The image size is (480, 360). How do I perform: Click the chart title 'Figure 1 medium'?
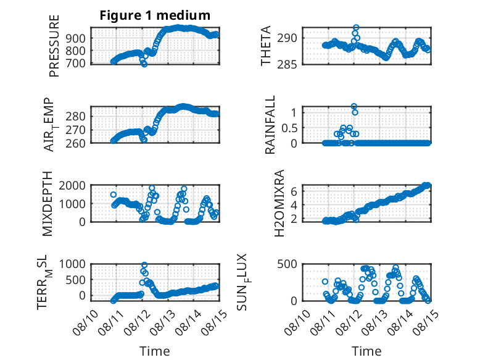tap(155, 15)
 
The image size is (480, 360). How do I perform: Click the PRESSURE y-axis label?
tap(54, 46)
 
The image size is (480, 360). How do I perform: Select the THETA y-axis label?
tap(266, 46)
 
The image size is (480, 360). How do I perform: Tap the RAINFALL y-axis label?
tap(270, 125)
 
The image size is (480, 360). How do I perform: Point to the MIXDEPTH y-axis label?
tap(48, 204)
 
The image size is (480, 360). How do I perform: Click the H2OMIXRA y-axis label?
tap(279, 203)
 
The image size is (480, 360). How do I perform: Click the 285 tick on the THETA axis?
tap(287, 65)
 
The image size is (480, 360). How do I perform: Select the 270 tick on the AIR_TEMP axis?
tap(75, 130)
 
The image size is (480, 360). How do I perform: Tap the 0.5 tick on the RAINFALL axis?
tap(289, 128)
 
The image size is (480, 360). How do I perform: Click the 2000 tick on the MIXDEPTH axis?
tap(72, 185)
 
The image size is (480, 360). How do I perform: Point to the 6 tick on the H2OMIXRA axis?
tap(294, 191)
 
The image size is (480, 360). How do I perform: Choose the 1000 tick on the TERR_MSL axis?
tap(72, 264)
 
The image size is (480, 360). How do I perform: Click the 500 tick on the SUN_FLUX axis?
tap(287, 264)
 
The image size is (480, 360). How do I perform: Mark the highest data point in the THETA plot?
tap(356, 28)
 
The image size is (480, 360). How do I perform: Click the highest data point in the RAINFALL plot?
tap(354, 106)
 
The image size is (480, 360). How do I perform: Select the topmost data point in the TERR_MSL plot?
tap(144, 265)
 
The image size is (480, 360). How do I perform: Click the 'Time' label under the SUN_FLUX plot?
tap(366, 351)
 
